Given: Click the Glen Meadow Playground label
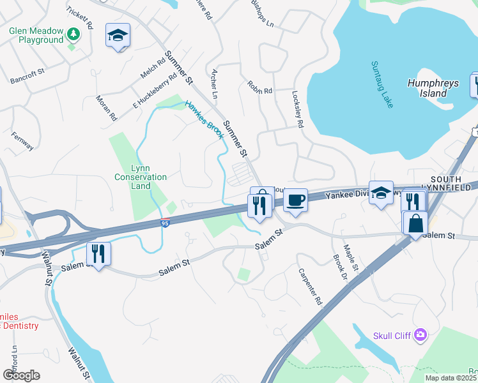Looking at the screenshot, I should tap(36, 35).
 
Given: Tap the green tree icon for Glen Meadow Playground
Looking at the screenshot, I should tap(74, 33).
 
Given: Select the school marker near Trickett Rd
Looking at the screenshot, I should tap(118, 36).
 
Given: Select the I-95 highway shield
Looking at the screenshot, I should tap(165, 223).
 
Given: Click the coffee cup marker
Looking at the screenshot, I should tap(295, 200).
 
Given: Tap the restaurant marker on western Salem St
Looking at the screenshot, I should tap(98, 253).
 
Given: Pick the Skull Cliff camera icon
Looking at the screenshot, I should tap(420, 334).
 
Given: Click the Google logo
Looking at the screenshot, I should tap(21, 375).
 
